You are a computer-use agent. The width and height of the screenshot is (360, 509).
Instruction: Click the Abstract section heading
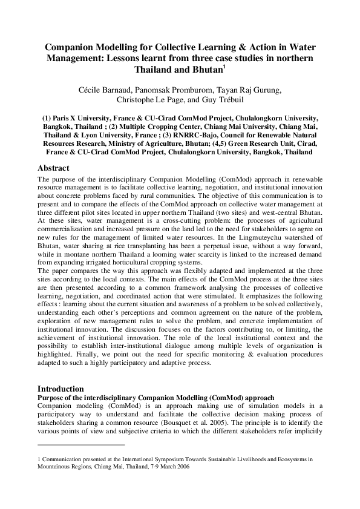pyautogui.click(x=53, y=168)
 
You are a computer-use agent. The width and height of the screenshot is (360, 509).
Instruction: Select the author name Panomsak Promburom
pyautogui.click(x=175, y=90)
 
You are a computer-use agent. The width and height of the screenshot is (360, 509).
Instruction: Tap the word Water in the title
pyautogui.click(x=308, y=47)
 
